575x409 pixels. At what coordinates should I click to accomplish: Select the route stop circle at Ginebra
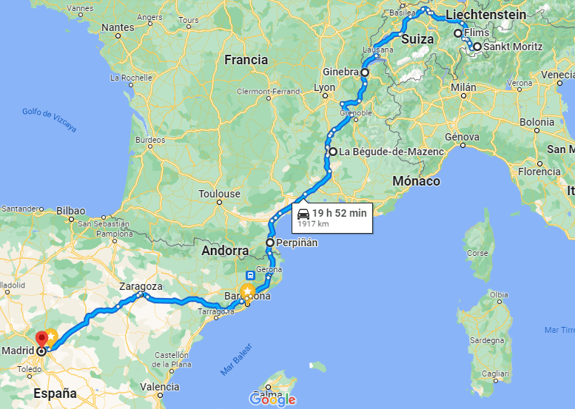pyautogui.click(x=365, y=73)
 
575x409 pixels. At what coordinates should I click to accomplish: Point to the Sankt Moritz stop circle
pyautogui.click(x=477, y=47)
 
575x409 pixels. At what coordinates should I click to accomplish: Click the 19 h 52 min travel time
pyautogui.click(x=339, y=213)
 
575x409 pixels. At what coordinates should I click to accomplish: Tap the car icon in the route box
pyautogui.click(x=303, y=214)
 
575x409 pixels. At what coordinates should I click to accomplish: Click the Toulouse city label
pyautogui.click(x=220, y=194)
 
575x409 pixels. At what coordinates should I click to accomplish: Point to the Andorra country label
pyautogui.click(x=225, y=251)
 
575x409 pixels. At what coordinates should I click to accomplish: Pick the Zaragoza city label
pyautogui.click(x=140, y=287)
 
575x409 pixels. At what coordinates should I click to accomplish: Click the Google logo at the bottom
pyautogui.click(x=273, y=399)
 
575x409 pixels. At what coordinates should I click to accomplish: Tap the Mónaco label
pyautogui.click(x=417, y=181)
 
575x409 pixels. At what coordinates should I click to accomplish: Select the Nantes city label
pyautogui.click(x=118, y=27)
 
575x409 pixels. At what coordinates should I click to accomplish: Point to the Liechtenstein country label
pyautogui.click(x=485, y=15)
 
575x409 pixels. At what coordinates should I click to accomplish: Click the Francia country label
pyautogui.click(x=246, y=60)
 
